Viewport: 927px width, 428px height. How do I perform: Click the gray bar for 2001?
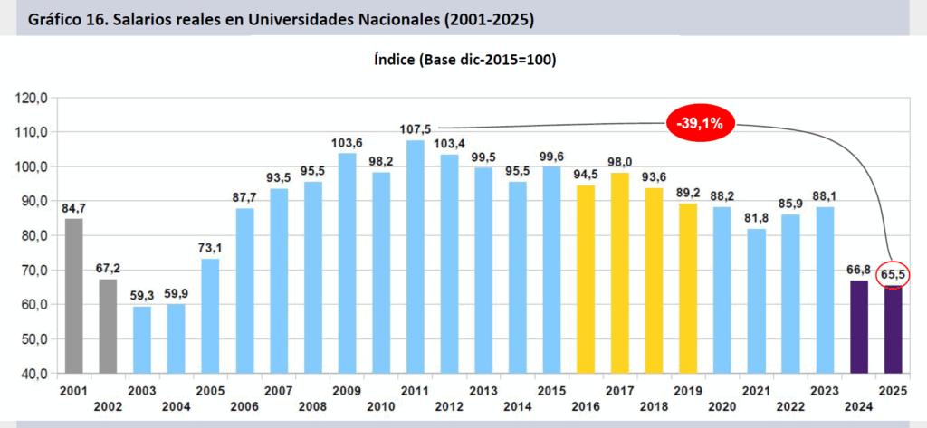tap(74, 295)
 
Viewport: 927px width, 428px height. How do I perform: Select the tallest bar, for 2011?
tap(416, 256)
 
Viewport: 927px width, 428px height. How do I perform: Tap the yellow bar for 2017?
tap(620, 272)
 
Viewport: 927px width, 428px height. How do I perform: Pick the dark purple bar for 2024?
tap(859, 326)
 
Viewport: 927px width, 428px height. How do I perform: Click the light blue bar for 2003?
tap(142, 339)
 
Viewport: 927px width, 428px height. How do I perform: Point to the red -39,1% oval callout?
tap(702, 124)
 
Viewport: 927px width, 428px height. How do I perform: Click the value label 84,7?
tap(74, 207)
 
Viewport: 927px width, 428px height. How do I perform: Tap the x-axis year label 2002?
tap(109, 406)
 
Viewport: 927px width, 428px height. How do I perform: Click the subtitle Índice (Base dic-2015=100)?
tap(463, 61)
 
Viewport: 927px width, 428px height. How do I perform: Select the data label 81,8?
tap(757, 217)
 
